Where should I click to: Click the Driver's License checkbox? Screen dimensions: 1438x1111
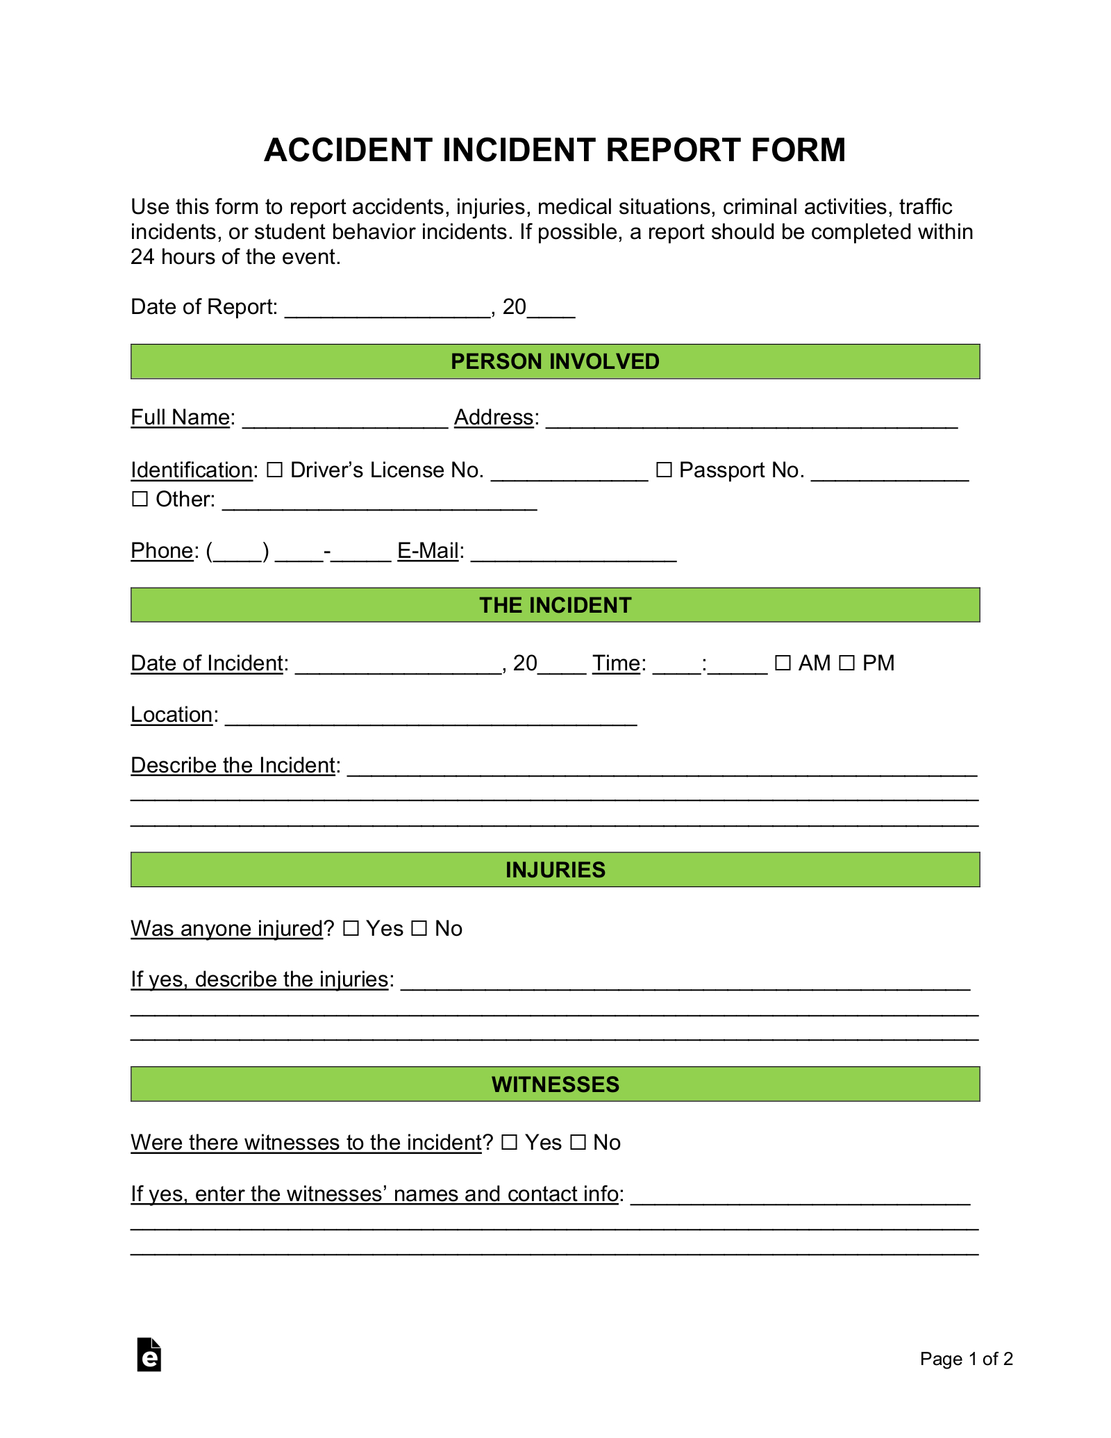coord(275,470)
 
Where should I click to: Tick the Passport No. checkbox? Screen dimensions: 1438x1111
coord(664,470)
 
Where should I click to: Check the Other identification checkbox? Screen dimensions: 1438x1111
coord(140,499)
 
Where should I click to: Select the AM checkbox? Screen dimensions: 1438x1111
coord(783,663)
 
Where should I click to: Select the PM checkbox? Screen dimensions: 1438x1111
coord(846,663)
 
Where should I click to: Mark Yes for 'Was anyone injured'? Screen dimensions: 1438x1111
coord(351,929)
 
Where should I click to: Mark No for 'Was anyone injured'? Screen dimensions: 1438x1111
coord(419,929)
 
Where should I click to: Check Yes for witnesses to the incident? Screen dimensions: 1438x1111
coord(510,1143)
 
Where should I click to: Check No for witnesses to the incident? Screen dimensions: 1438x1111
coord(578,1143)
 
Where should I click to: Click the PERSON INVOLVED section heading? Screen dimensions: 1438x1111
coord(555,362)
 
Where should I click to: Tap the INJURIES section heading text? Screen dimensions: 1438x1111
coord(555,870)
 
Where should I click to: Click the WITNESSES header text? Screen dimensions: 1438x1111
coord(555,1084)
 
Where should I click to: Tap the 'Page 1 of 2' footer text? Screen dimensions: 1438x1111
coord(966,1359)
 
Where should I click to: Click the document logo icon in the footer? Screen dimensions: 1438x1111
coord(149,1355)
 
